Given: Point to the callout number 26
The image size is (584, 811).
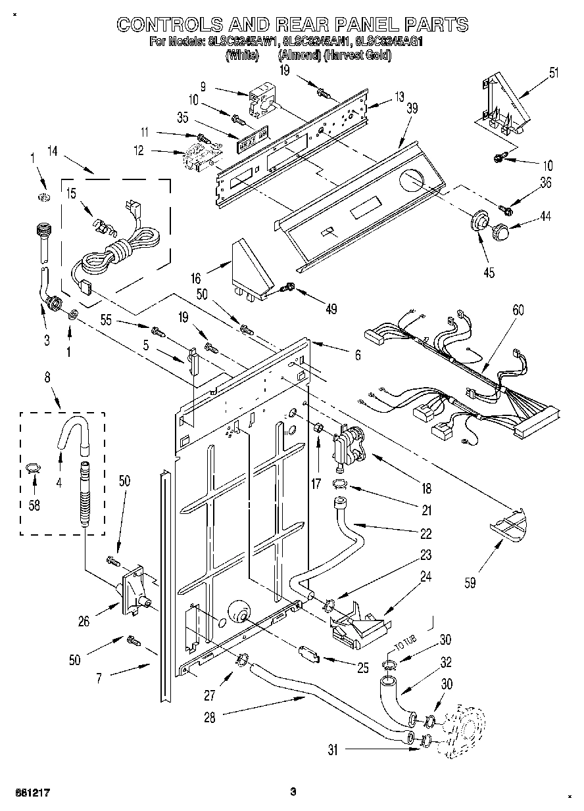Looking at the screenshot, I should [x=84, y=620].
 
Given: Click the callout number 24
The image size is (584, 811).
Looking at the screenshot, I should [x=426, y=577].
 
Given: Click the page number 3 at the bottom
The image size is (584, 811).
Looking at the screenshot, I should [x=293, y=791].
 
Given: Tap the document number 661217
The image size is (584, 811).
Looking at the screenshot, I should [x=32, y=791].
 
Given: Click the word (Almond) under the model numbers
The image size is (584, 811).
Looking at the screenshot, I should [x=299, y=56].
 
